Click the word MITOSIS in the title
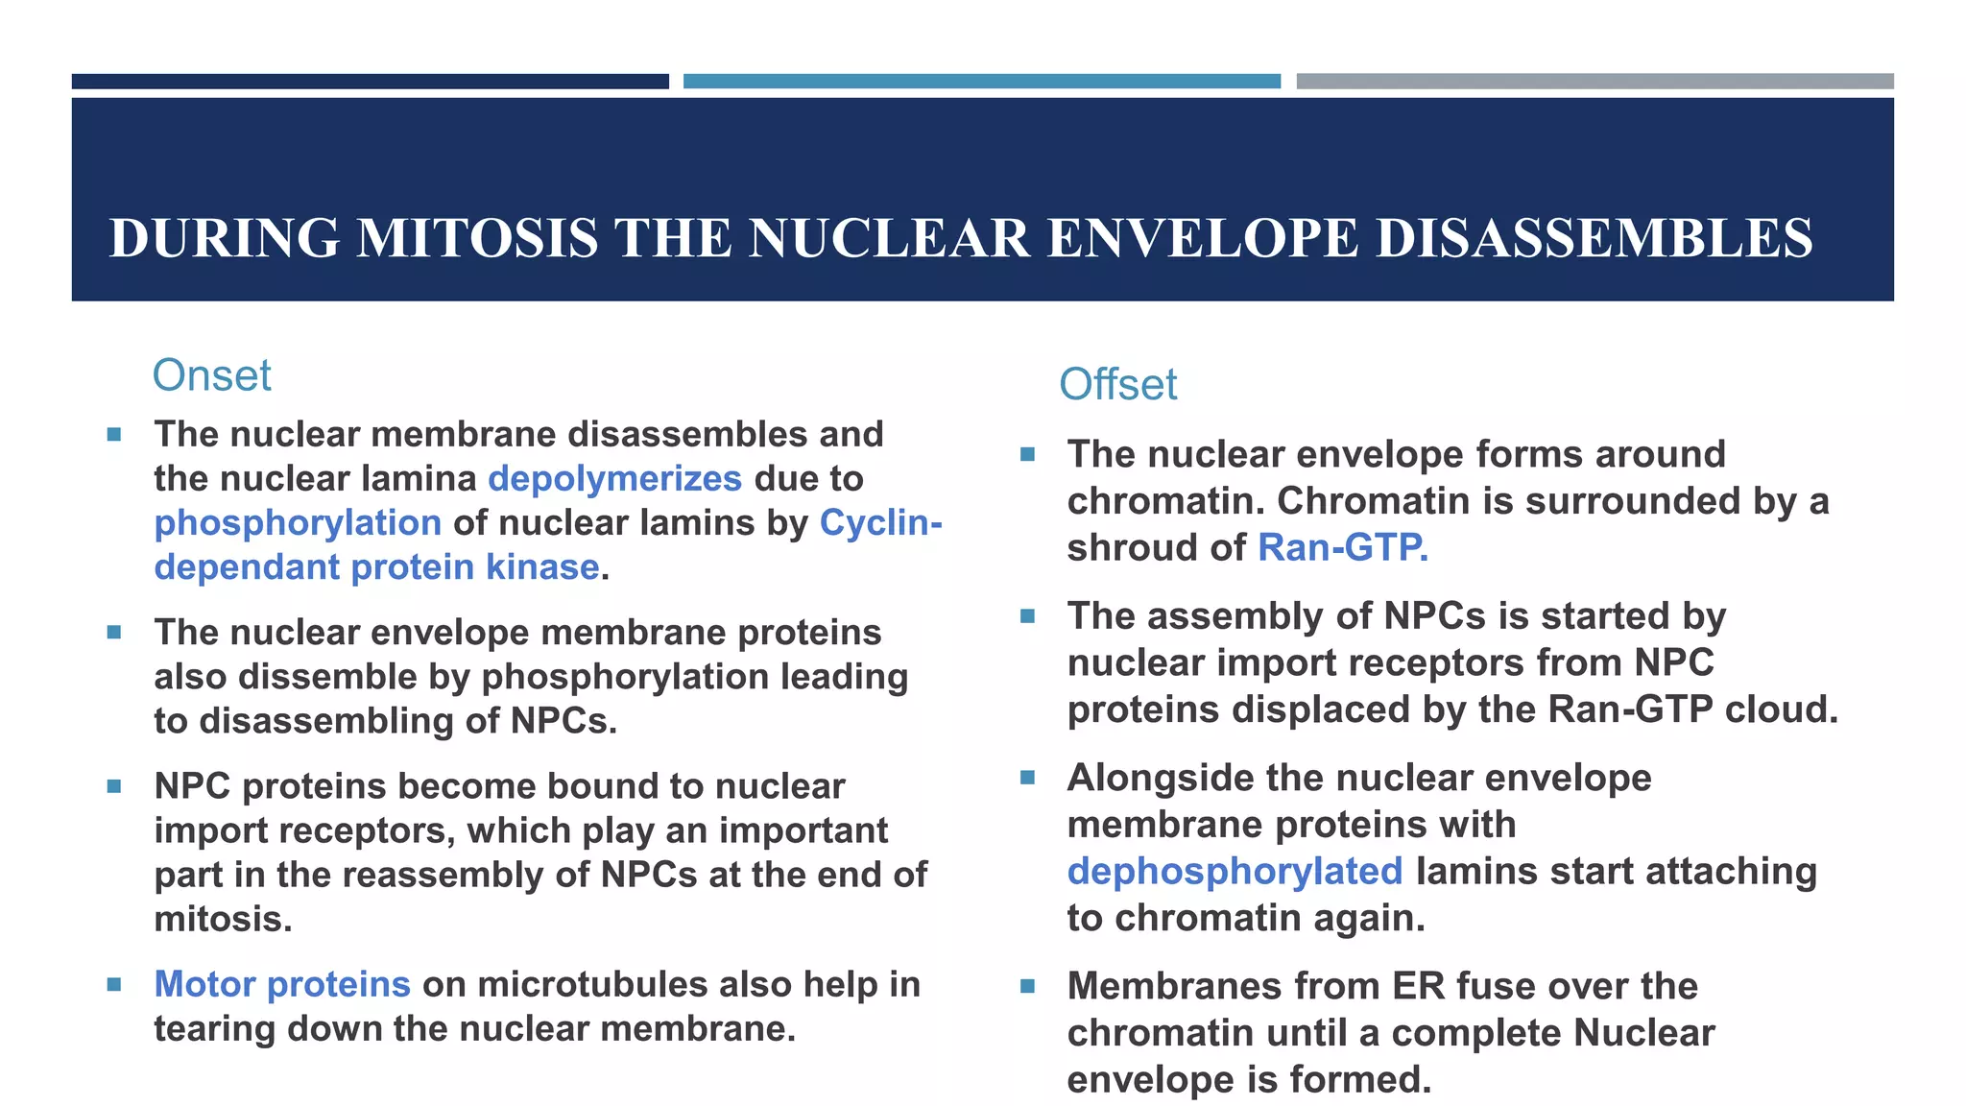(476, 239)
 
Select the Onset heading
(211, 375)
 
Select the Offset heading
(1117, 385)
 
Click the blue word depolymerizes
(614, 478)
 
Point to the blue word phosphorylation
(298, 523)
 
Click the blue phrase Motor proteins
(282, 984)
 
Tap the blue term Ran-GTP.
(1342, 547)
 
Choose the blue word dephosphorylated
(1235, 872)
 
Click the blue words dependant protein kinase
(376, 567)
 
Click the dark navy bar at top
(370, 82)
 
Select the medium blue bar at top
(981, 82)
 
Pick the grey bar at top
(1594, 82)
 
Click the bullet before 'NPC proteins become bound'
(114, 786)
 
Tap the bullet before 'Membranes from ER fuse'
(1027, 986)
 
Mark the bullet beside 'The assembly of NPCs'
(1027, 616)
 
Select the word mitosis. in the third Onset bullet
(223, 920)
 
